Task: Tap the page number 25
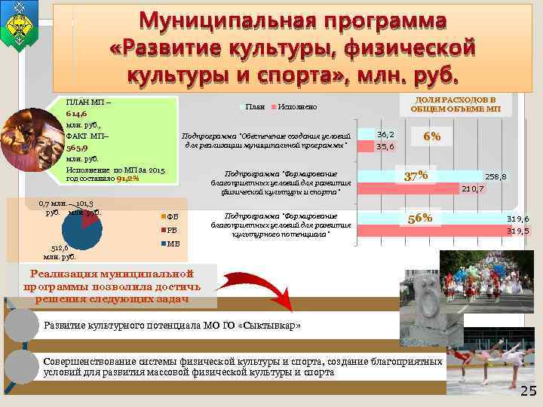528,391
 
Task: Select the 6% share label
432,137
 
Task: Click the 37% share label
416,176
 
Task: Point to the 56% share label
419,218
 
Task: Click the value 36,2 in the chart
385,133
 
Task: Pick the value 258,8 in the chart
495,176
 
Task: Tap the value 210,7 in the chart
472,188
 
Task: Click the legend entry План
254,107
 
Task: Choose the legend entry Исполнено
296,107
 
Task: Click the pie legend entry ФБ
171,217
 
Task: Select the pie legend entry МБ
171,244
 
